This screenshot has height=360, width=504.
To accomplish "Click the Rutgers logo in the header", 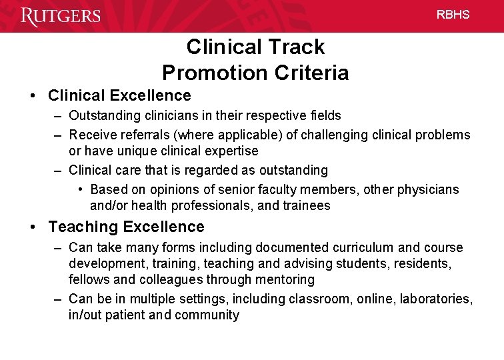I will coord(61,15).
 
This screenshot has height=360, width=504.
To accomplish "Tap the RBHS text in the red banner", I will coord(453,15).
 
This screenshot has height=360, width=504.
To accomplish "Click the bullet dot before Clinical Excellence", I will coord(33,96).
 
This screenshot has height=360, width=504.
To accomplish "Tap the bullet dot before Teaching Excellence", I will coord(33,227).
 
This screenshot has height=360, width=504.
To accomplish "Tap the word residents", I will coord(421,264).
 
